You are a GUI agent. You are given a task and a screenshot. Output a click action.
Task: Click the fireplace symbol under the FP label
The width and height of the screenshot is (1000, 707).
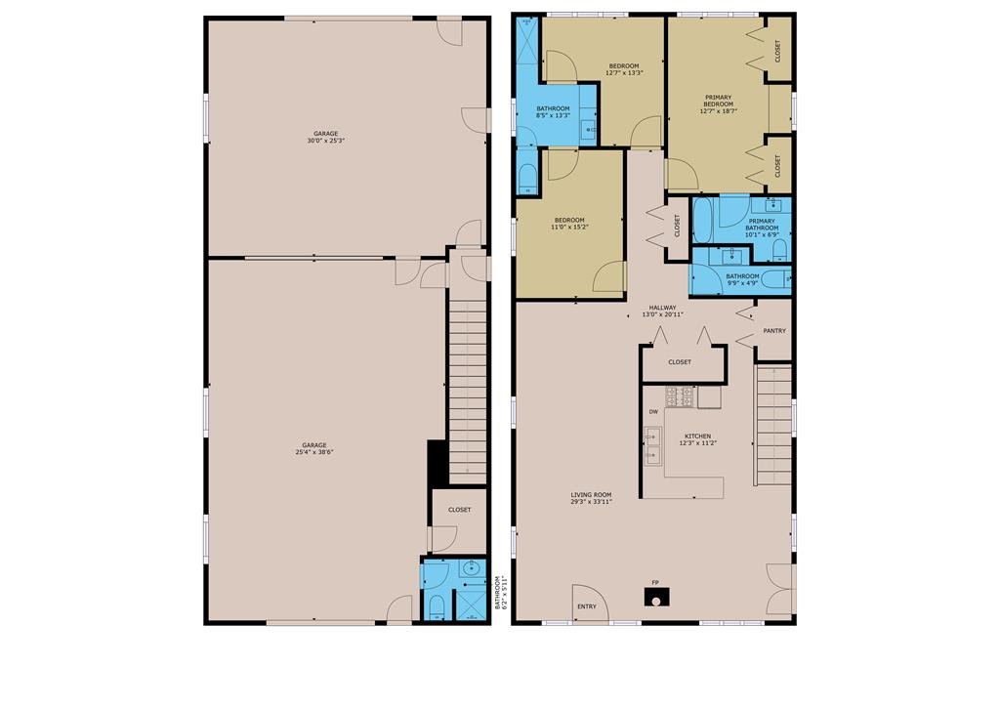[656, 598]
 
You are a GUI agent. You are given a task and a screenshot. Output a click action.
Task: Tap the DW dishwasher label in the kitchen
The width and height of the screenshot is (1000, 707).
[653, 412]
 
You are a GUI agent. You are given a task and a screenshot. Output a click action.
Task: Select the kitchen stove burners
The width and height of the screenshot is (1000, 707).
[680, 396]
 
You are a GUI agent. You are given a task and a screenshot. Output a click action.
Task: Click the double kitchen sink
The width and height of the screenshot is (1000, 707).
[652, 446]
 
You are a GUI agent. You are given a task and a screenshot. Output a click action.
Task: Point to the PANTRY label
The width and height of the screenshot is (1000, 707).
[774, 331]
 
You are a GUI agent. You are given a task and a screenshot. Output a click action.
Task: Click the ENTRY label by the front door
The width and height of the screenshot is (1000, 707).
[587, 606]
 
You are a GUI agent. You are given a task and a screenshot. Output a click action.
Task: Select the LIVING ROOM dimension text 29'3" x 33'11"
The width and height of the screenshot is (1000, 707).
[591, 502]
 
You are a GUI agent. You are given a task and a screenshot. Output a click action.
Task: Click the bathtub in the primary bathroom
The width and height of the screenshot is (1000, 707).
[702, 220]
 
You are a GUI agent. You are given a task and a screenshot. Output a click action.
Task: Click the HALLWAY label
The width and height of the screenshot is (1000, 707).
[663, 308]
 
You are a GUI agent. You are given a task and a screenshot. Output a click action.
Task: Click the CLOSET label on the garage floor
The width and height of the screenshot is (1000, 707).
[459, 510]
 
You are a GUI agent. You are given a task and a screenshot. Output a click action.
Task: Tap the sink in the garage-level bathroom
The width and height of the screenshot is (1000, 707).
[473, 568]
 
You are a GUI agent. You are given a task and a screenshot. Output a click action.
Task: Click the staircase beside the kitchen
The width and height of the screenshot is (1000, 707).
[773, 425]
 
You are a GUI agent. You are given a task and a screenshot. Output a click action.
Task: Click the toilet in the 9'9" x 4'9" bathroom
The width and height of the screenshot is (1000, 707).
[776, 279]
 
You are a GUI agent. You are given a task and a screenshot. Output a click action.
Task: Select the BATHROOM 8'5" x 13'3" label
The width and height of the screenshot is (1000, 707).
[553, 112]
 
